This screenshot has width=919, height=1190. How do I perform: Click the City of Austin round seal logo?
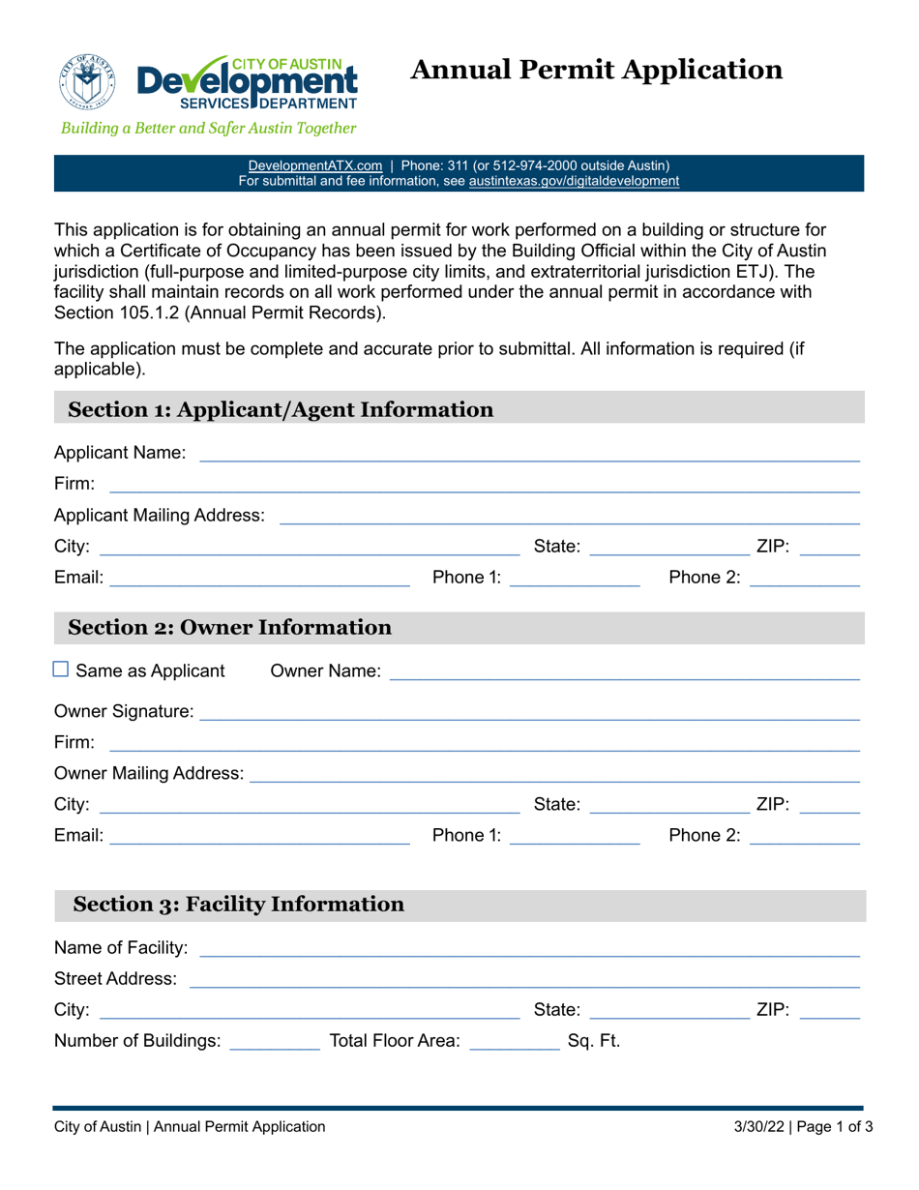[x=88, y=80]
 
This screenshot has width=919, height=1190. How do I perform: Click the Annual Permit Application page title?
[x=597, y=70]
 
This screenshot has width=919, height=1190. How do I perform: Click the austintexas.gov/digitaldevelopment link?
[x=574, y=181]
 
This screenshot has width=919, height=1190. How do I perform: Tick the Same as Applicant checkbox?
[x=61, y=669]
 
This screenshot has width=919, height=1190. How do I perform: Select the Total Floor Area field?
[x=513, y=1041]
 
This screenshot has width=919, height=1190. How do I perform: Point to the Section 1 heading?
[x=281, y=409]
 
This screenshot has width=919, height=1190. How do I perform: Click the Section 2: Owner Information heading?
[x=229, y=628]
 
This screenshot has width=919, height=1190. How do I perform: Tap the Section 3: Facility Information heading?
[x=239, y=905]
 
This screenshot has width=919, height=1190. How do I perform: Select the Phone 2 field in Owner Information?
[x=804, y=837]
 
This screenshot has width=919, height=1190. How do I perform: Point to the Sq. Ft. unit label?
[x=593, y=1042]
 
